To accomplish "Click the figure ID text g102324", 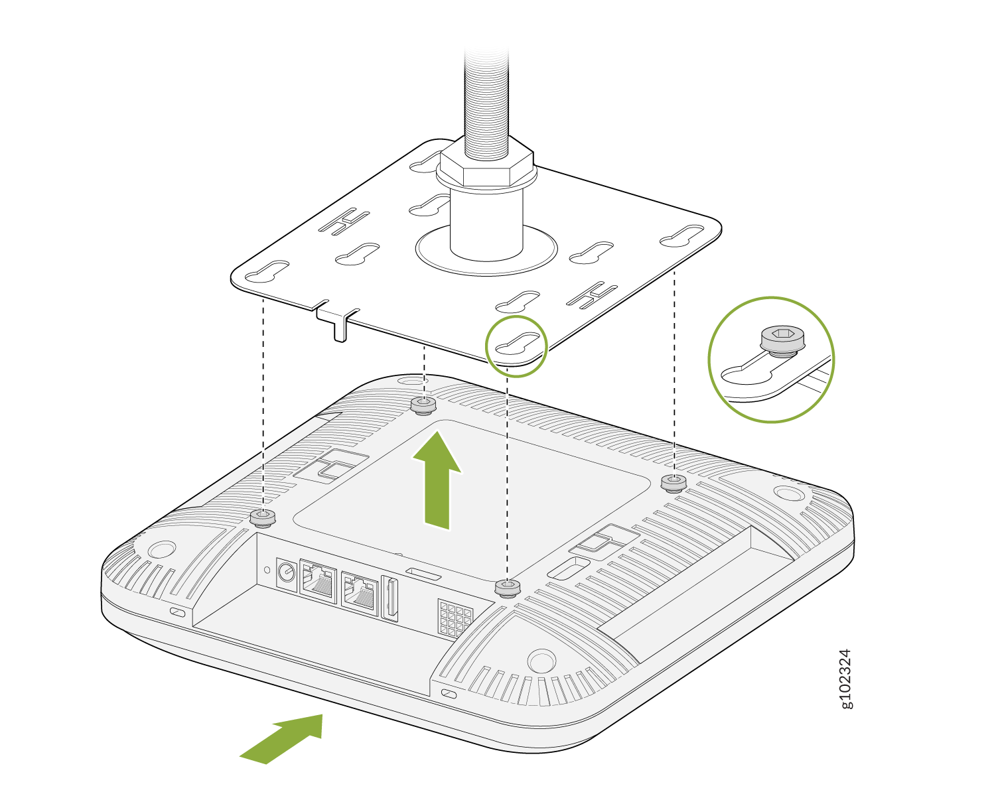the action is coord(845,679).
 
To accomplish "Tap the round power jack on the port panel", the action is coord(287,574).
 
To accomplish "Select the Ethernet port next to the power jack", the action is coord(319,581).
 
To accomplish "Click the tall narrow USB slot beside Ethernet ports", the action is coord(390,598).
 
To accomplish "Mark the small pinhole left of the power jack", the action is coord(267,570).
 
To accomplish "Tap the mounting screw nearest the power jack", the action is coord(262,518).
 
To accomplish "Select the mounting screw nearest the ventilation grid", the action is coord(507,588).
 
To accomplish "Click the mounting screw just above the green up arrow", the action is coord(423,405).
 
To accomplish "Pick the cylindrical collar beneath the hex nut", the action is coord(486,222).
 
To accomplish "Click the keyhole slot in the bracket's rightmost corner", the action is coord(681,235).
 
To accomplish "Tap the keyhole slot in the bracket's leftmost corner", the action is coord(267,272).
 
